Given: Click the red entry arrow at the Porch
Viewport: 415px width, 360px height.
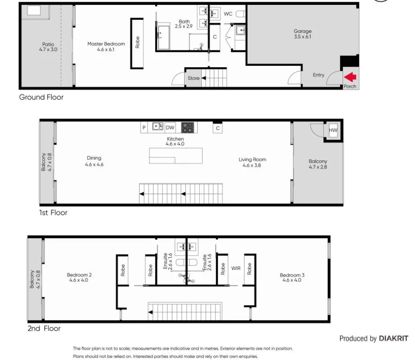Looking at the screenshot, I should point(350,77).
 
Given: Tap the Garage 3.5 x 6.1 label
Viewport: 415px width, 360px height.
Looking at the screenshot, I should point(302,34).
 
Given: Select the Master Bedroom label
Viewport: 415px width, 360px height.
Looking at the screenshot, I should point(106,46).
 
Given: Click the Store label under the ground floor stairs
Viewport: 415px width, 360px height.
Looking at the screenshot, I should point(194,78).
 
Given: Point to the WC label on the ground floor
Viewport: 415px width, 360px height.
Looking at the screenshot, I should point(228,14).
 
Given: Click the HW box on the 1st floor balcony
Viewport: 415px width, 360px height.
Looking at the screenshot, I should point(333,131).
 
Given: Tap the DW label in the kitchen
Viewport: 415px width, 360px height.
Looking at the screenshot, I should point(170,128).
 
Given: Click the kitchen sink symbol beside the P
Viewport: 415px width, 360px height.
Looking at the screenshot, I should point(158,127).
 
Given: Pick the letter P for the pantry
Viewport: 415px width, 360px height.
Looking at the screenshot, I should point(144,128).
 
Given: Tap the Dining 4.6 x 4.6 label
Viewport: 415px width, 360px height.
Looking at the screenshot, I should point(94,161).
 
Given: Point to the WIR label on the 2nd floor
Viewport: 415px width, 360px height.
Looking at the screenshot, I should point(236,269).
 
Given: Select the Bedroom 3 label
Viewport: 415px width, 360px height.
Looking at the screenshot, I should point(290,278).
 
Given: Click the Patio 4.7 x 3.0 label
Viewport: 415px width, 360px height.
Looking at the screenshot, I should point(48,47).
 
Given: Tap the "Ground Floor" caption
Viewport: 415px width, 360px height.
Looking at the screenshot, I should point(41,97).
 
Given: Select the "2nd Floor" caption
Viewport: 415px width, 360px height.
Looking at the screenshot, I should point(44,329).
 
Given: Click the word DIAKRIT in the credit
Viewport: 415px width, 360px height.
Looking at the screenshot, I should point(393,338).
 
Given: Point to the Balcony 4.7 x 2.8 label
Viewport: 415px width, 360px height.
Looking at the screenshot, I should point(318,164).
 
